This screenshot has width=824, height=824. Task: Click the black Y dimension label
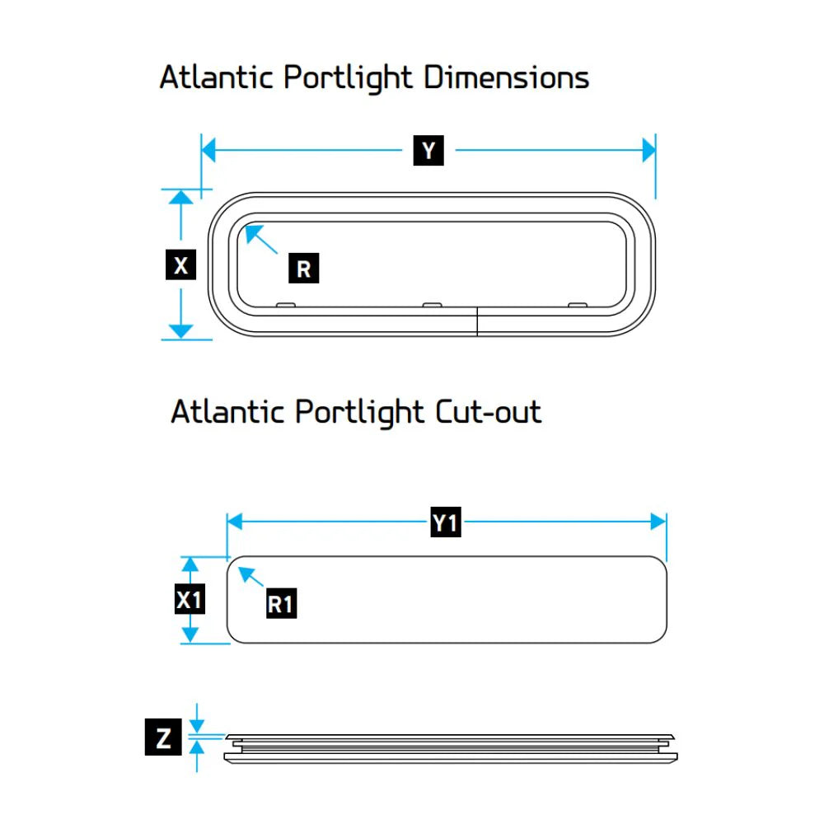428,150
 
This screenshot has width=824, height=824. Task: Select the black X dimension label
180,265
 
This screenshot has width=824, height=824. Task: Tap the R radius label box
304,268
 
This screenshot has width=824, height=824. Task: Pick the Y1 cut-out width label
446,522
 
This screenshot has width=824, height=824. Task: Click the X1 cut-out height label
190,599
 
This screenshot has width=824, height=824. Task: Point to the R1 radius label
281,603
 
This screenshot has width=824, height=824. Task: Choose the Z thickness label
163,737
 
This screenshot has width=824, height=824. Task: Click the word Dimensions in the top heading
506,77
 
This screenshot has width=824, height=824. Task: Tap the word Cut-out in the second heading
488,411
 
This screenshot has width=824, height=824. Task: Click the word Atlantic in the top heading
216,77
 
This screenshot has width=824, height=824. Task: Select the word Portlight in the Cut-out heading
359,413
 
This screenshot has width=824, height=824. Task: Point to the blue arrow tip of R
246,227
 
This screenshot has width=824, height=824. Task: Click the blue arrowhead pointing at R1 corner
240,569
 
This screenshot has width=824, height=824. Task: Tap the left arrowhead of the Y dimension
208,150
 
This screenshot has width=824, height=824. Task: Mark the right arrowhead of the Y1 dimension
658,522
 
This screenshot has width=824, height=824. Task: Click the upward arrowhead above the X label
180,197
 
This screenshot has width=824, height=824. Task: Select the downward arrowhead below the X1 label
190,635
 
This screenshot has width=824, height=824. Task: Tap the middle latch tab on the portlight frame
433,305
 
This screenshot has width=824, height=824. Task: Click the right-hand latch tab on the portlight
578,305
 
